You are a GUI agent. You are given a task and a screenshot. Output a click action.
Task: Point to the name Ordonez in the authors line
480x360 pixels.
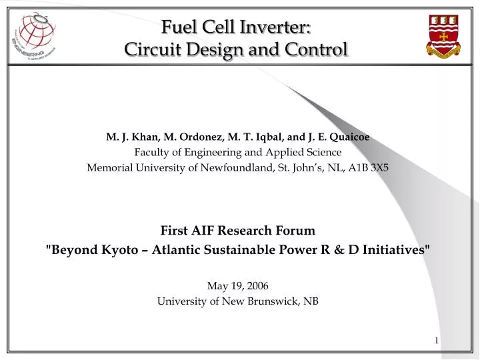pyautogui.click(x=178, y=137)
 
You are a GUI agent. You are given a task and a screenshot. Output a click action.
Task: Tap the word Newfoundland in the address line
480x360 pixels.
pyautogui.click(x=238, y=167)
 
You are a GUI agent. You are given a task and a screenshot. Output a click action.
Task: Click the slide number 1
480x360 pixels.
pyautogui.click(x=437, y=341)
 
